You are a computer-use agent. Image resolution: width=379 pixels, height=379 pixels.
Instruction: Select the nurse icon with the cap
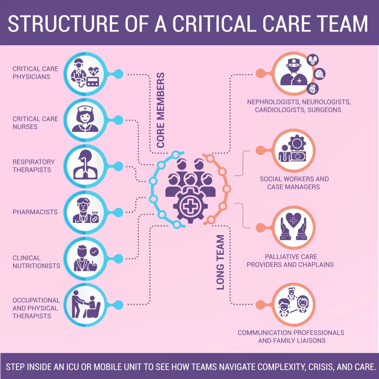(85, 119)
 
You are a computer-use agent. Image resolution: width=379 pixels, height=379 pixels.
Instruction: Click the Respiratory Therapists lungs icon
(85, 166)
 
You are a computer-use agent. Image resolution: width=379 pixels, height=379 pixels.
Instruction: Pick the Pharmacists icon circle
(85, 212)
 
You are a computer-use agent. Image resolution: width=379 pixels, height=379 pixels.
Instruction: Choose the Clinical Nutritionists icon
(85, 258)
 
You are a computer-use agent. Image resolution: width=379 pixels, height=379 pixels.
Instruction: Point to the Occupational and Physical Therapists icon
(85, 304)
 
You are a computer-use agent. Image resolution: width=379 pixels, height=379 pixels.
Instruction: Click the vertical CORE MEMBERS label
(160, 110)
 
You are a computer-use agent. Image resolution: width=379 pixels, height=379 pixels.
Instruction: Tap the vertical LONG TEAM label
(221, 262)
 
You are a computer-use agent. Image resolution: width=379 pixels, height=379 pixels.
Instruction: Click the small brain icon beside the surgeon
(320, 74)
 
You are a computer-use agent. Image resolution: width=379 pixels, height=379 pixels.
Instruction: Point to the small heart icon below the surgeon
(313, 89)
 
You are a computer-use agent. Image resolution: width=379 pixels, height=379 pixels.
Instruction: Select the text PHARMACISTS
(35, 212)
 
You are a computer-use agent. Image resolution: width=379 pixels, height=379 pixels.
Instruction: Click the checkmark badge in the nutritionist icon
(95, 252)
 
